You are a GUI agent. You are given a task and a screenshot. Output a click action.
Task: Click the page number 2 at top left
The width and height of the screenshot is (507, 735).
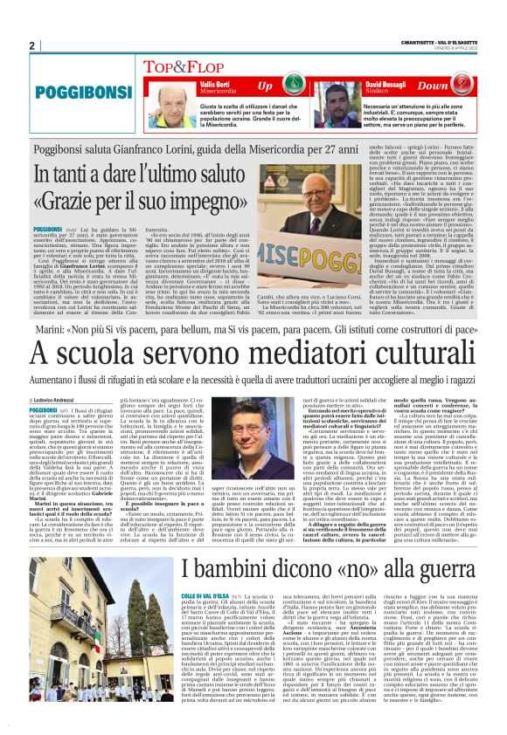click(31, 45)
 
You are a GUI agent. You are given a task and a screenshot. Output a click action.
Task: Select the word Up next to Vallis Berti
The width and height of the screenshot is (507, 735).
click(266, 86)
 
